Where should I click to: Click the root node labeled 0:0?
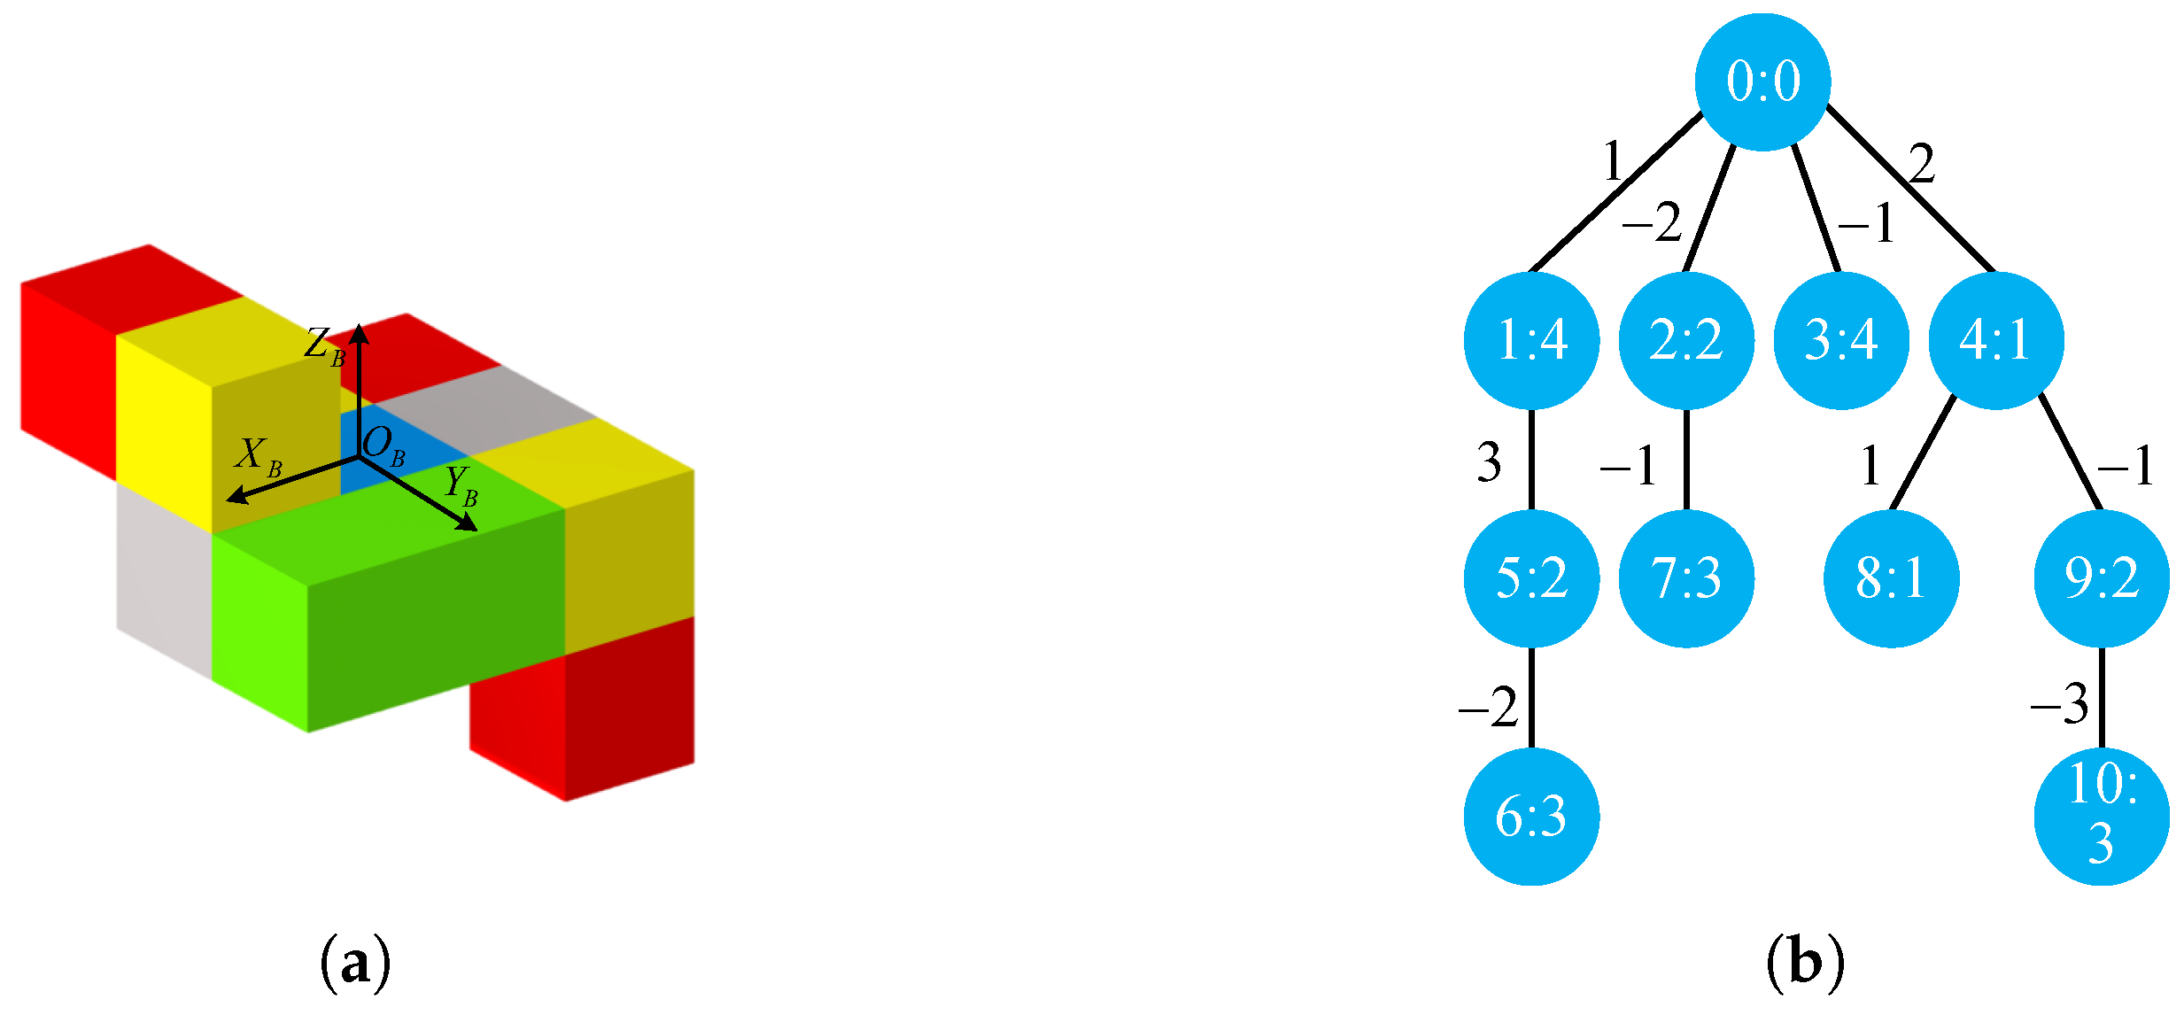click(x=1762, y=81)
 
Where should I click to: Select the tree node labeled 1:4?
click(x=1531, y=340)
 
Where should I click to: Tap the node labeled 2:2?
click(x=1685, y=340)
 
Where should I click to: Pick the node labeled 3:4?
click(x=1841, y=340)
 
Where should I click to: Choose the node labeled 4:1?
click(x=1995, y=340)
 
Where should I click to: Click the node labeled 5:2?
click(x=1531, y=578)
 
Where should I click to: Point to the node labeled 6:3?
click(x=1531, y=817)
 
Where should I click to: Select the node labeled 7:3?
click(x=1685, y=578)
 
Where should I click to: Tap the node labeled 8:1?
click(x=1891, y=578)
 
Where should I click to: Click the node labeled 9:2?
click(x=2101, y=578)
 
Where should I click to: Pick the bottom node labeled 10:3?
click(x=2101, y=817)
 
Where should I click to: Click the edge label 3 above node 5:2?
click(x=1489, y=462)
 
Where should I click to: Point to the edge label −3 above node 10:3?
click(x=2059, y=705)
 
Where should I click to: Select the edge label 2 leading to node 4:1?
click(x=1921, y=164)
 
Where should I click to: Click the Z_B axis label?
click(x=324, y=345)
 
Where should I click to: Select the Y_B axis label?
click(x=461, y=486)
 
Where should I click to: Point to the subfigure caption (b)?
click(x=1805, y=963)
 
